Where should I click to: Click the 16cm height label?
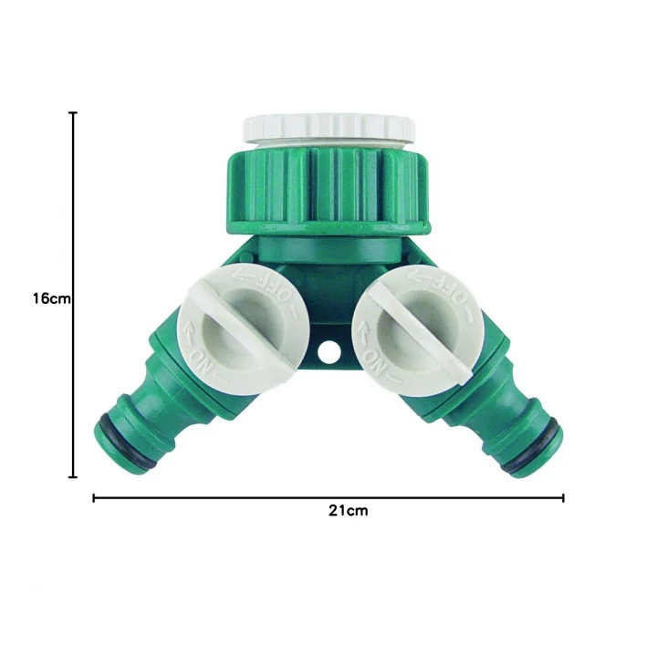point(52,298)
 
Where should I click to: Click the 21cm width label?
point(349,511)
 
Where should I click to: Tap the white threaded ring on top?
point(328,129)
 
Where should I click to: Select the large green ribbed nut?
point(328,190)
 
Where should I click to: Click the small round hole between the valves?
point(328,352)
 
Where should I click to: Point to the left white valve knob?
point(237,329)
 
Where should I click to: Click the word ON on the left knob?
point(200,362)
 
